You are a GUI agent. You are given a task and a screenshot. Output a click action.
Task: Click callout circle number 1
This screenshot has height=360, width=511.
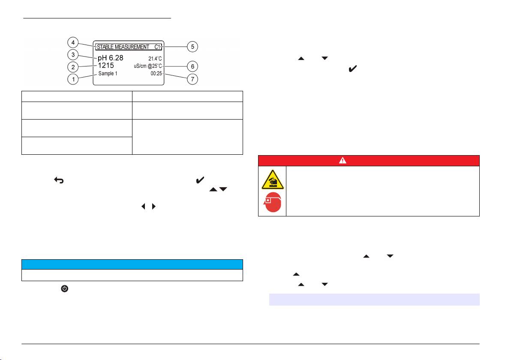74,79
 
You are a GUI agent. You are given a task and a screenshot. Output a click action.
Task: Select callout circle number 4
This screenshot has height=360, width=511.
74,43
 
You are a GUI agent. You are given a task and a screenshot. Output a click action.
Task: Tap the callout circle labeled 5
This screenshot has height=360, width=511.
194,46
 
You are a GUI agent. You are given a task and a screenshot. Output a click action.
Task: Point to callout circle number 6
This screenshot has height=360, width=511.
194,67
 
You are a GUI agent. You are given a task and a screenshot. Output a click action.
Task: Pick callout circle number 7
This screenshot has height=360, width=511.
194,79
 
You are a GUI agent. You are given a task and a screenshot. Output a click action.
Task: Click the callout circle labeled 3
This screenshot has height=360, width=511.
74,55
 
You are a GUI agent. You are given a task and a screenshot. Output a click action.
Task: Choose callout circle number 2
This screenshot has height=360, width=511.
74,67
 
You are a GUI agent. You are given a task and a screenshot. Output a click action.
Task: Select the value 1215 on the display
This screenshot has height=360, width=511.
106,66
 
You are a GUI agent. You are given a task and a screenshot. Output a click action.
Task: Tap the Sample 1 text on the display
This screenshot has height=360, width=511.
108,74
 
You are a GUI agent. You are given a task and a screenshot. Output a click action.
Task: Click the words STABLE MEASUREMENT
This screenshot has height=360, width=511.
123,47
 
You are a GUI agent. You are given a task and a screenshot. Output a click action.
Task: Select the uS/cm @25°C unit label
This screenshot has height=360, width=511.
147,66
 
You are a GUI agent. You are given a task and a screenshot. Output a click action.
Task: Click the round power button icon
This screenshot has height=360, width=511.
64,289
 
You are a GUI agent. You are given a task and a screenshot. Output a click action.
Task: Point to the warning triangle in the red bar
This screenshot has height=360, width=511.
368,160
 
